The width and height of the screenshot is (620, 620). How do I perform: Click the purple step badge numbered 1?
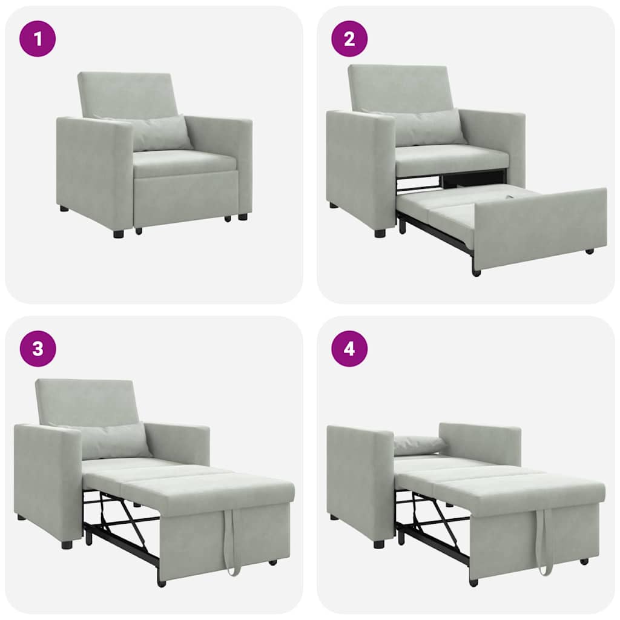38,39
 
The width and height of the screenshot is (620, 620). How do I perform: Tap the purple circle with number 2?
349,39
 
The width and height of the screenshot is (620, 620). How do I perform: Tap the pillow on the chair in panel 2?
429,127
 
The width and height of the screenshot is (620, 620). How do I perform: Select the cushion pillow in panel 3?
115,441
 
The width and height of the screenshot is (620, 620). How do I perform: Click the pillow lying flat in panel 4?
419,445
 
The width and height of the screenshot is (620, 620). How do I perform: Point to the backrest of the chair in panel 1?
127,94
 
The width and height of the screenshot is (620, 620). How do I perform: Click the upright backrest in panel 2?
400,88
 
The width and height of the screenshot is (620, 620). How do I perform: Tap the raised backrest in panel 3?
85,401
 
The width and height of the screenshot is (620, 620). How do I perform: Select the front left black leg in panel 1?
118,234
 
